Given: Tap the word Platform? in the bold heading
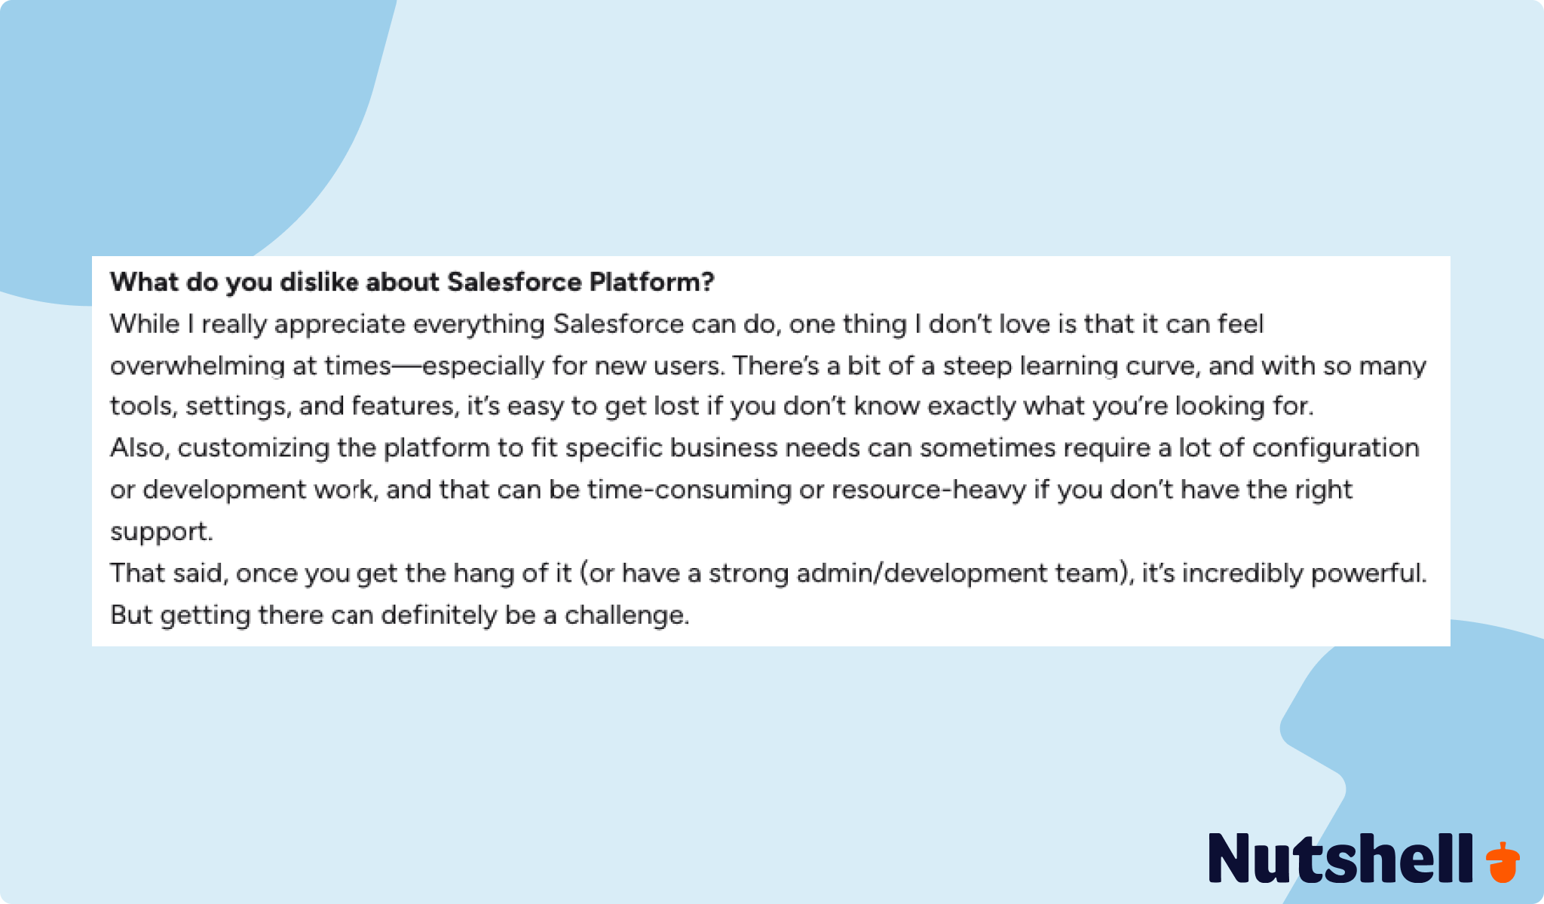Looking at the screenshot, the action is pos(651,282).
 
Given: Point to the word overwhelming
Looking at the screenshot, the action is pos(197,367).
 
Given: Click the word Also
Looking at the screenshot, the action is pos(140,448).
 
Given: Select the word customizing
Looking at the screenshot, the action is pos(253,449).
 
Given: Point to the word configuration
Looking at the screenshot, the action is pos(1336,449).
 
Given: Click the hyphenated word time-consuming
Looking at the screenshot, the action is pos(690,490).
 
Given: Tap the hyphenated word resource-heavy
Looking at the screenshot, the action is pos(929,490).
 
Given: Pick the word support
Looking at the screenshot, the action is pos(161,533).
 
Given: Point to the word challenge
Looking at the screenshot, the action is pos(627,615).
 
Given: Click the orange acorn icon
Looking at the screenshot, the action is pos(1503,863).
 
